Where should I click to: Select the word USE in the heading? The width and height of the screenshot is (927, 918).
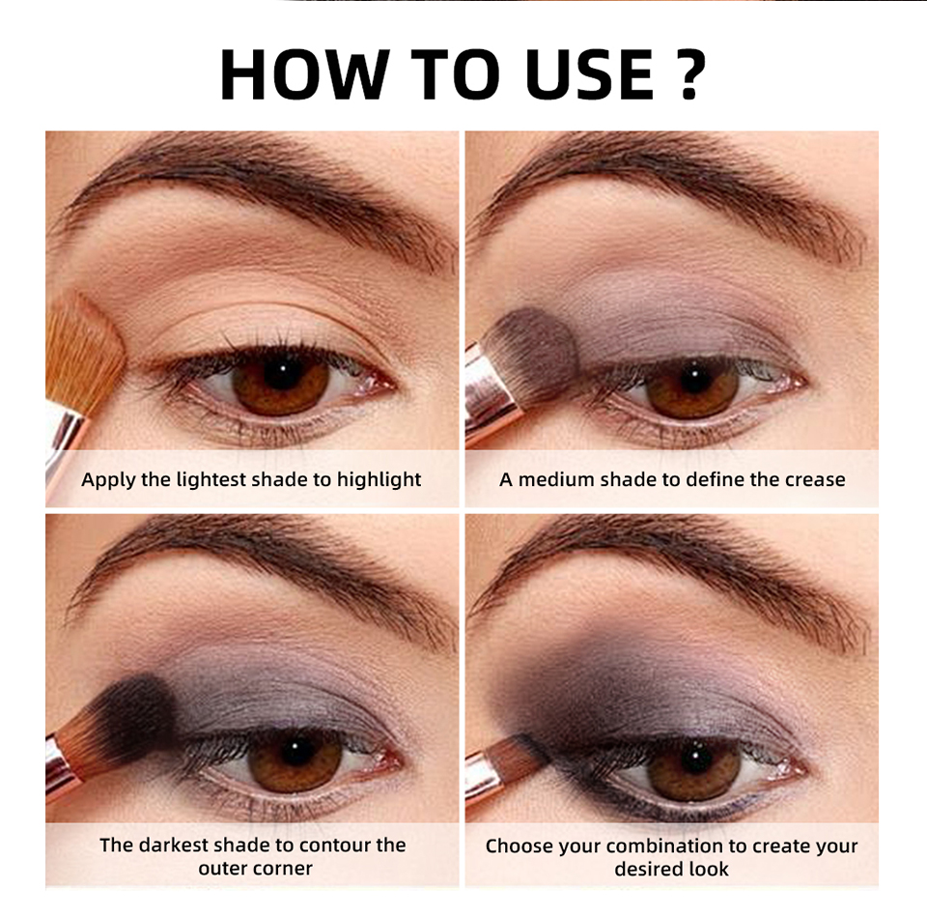coord(589,74)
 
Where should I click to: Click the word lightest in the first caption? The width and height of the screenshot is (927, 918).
coord(211,479)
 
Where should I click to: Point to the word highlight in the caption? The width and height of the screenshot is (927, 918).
coord(379,479)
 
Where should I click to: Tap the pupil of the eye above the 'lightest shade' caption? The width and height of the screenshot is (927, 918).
coord(281,371)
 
